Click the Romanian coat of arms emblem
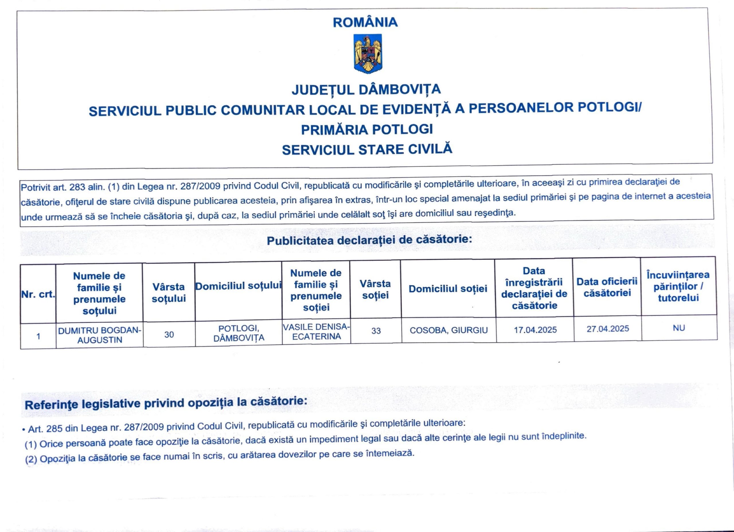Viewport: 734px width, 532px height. pos(368,53)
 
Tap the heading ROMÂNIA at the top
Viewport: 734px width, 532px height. pos(365,22)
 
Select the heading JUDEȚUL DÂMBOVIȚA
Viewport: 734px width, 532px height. pos(366,90)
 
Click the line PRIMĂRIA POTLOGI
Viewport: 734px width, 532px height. pos(367,129)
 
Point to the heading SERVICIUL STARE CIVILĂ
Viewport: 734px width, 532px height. pos(367,150)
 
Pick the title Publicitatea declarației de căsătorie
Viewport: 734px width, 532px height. pos(369,240)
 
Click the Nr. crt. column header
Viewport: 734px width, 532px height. pos(38,294)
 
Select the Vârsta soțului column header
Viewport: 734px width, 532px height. pos(169,292)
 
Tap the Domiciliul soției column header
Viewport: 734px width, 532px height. pos(448,288)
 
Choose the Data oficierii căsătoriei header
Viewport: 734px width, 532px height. pos(607,287)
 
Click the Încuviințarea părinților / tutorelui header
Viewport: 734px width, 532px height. pos(678,286)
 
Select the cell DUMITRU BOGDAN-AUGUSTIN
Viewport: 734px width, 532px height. pos(100,335)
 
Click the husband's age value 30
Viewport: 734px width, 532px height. pos(169,334)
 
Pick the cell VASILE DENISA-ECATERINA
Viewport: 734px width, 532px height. pos(316,331)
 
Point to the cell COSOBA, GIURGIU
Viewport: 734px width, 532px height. pos(448,330)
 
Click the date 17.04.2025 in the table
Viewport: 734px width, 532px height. pos(535,330)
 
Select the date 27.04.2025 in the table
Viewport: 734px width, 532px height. pos(608,329)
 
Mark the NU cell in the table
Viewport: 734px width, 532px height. pos(679,328)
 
